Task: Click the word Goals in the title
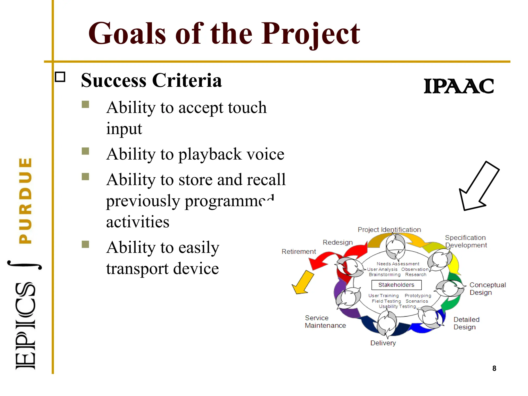tap(127, 34)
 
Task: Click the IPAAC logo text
tap(459, 86)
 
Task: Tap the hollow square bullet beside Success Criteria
tap(60, 77)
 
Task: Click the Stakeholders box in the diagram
tap(396, 285)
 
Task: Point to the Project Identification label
tap(389, 230)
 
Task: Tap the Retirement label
tap(299, 251)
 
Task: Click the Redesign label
tap(337, 242)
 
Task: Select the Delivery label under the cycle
tap(383, 343)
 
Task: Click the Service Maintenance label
tap(325, 321)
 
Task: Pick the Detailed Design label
tap(466, 323)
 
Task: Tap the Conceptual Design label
tap(487, 288)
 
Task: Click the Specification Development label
tap(466, 241)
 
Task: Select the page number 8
tap(494, 368)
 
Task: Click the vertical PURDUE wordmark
tap(26, 201)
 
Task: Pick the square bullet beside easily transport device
tap(85, 244)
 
